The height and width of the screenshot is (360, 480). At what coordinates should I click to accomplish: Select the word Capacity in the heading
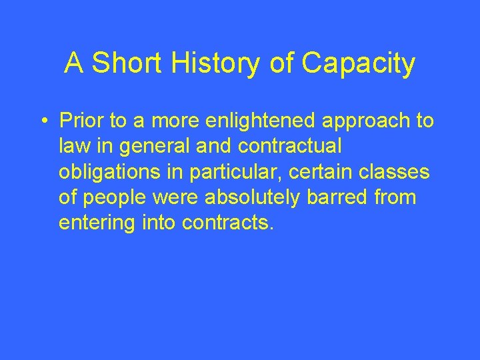point(359,64)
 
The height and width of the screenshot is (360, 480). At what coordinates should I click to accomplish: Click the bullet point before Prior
point(43,121)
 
